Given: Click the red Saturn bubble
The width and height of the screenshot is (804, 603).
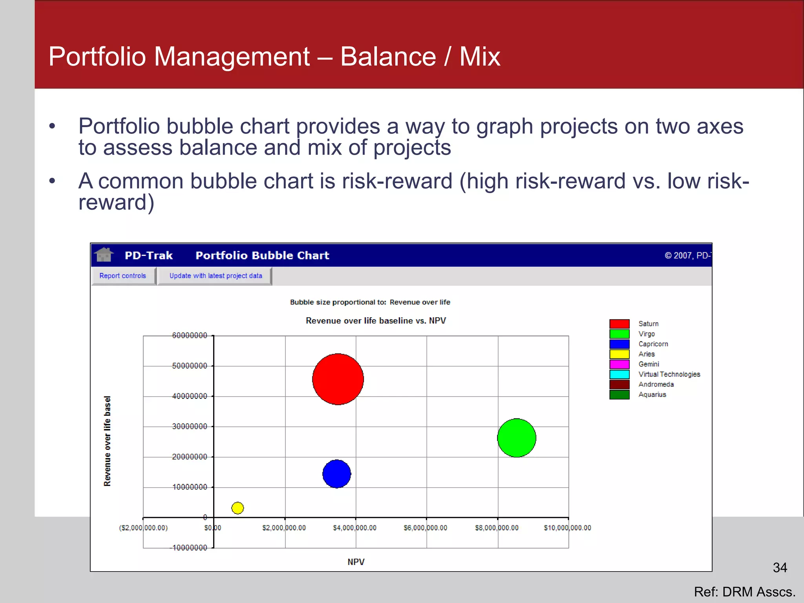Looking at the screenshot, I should point(338,379).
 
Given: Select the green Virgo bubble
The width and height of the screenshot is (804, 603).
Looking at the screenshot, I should point(516,438).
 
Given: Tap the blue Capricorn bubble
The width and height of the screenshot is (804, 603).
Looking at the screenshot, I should point(336,474).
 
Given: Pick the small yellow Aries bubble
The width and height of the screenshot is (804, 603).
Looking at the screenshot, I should point(238,508).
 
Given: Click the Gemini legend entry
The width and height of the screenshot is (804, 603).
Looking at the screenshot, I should point(649,364).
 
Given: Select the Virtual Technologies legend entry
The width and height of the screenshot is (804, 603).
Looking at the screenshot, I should point(669,375).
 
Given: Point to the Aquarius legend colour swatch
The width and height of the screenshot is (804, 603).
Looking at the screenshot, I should point(619,395).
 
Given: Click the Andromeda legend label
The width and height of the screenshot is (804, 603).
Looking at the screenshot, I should point(656,384).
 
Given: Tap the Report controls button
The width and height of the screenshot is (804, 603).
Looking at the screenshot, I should point(123,276).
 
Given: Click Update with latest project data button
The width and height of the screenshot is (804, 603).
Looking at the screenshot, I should point(216,276).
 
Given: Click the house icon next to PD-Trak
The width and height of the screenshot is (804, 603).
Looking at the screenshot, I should point(104,255).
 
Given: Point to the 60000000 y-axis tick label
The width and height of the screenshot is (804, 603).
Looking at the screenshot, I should point(189,335).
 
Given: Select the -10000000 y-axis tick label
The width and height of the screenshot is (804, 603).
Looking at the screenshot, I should point(190,548).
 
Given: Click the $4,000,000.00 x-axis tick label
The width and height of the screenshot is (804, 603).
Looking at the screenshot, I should point(354,528).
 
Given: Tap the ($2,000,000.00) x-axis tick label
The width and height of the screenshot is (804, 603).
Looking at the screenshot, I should point(143,528).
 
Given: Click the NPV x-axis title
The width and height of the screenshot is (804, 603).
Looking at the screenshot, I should point(356,562).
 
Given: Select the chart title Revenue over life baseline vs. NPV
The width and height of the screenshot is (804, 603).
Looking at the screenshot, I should point(376,321).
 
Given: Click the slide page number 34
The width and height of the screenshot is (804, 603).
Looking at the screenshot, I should point(780,568).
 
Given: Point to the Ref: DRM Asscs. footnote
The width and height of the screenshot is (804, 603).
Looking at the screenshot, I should point(744,592).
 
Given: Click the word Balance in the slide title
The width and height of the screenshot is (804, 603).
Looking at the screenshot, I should point(388,57).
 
